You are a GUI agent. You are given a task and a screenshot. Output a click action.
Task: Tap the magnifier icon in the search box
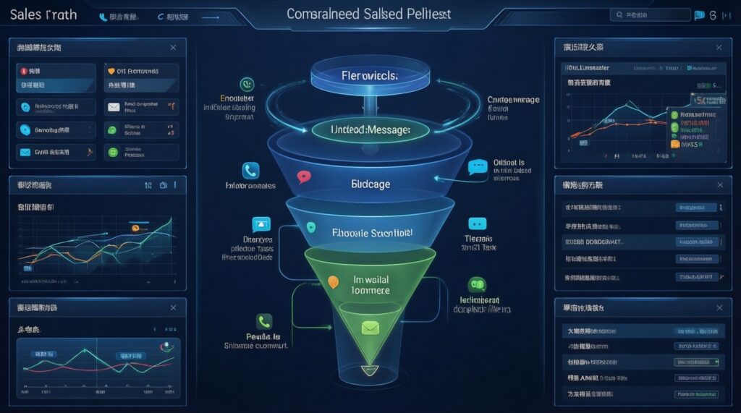point(620,14)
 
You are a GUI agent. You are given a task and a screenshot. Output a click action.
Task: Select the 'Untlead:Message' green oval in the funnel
point(370,129)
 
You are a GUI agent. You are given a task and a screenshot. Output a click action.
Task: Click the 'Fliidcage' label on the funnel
point(370,184)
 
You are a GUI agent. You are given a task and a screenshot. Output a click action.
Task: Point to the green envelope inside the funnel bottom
point(370,328)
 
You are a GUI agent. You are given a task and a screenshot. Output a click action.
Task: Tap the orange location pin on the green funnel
point(333,282)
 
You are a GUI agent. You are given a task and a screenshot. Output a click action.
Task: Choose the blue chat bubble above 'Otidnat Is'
point(478,168)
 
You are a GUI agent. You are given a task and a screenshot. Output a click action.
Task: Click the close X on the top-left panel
point(173,48)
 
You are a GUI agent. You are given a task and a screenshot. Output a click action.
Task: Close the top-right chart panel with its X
point(719,48)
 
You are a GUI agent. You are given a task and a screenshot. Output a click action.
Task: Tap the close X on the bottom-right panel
point(719,308)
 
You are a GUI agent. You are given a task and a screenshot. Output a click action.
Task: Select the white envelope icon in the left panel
point(113,108)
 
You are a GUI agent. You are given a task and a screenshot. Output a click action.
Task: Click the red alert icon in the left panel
point(25,72)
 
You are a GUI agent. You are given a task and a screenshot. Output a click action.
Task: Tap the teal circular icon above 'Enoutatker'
point(246,84)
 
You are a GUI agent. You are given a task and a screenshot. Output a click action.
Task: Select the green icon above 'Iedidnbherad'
point(477,284)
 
